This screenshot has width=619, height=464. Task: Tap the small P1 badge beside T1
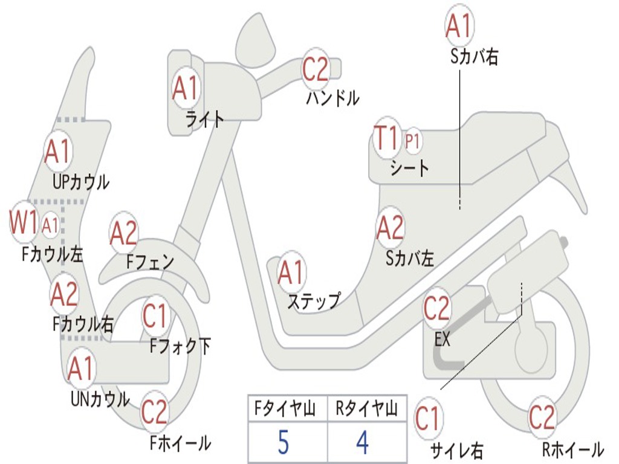[413, 141]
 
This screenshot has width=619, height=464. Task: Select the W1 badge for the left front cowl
[24, 223]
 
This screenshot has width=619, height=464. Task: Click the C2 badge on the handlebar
[315, 69]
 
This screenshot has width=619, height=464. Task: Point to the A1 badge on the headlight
[185, 88]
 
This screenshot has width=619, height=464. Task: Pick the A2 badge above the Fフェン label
[124, 233]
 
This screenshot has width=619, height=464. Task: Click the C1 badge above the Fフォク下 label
[155, 315]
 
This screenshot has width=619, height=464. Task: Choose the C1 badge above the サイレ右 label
[428, 419]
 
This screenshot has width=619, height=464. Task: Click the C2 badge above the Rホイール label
[542, 417]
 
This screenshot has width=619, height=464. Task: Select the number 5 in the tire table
[283, 443]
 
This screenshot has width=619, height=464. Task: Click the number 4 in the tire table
[362, 443]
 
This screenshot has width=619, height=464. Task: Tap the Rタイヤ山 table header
[366, 410]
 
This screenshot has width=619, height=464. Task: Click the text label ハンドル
[332, 98]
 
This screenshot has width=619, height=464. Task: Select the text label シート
[409, 167]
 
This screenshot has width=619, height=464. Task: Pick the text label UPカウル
[80, 181]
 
